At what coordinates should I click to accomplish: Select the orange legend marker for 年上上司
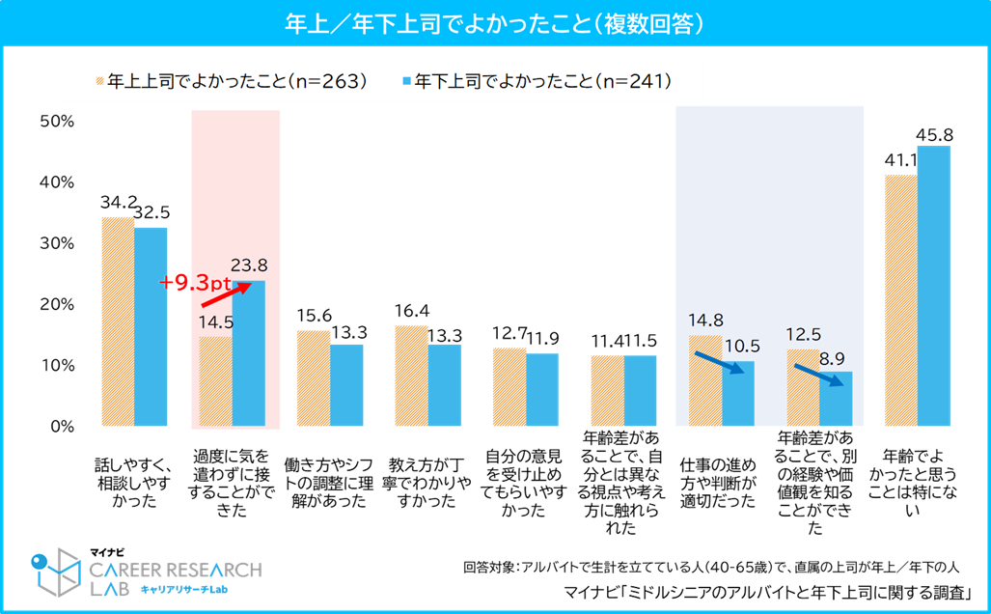coord(99,81)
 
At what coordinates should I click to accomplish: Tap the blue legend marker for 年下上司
coord(407,81)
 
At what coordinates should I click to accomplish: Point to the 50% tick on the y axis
coord(57,122)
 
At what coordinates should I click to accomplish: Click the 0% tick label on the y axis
coord(62,426)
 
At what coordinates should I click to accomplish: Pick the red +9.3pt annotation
coord(195,282)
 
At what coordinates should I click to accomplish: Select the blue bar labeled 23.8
coord(248,352)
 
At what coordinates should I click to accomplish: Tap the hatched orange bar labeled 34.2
coord(118,321)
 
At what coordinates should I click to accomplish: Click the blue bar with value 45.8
coord(933,286)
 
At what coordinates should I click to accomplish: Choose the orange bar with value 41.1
coord(900,300)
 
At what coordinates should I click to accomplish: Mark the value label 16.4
coord(411,311)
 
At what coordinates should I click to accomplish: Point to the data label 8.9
coord(832,359)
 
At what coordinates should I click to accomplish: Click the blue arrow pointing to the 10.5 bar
coord(720,363)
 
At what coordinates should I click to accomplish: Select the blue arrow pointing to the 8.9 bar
coord(818,375)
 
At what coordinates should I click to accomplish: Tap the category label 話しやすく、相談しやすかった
coord(134,483)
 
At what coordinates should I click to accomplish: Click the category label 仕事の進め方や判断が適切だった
coord(718,483)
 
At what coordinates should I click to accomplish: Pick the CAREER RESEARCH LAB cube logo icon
coord(56,572)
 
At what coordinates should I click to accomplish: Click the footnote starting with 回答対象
coord(711,568)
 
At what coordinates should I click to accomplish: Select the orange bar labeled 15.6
coord(314,378)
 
